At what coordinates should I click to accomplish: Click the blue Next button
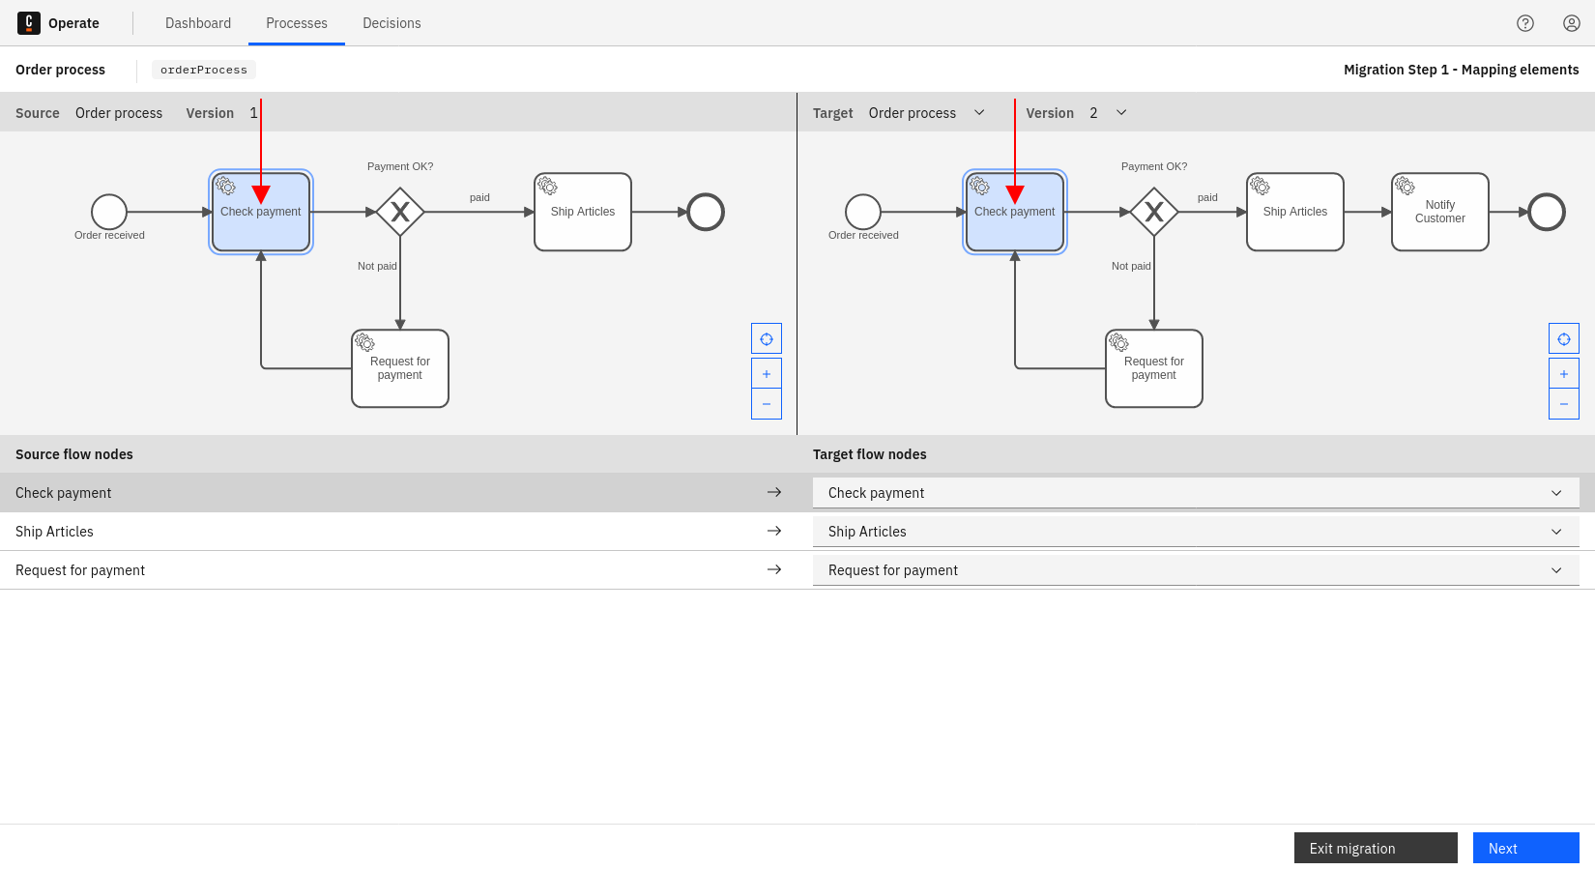1525,848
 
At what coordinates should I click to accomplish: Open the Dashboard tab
198,23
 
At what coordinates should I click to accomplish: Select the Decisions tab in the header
391,23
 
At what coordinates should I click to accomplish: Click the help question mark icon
1525,23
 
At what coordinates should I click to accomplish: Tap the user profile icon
1572,23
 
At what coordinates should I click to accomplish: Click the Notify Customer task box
1440,212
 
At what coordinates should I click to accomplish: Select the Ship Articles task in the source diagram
583,212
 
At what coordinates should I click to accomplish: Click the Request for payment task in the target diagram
1154,368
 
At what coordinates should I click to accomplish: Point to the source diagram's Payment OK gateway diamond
400,212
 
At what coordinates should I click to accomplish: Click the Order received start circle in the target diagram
863,212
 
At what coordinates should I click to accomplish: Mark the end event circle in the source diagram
706,212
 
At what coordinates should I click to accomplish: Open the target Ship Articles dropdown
1196,532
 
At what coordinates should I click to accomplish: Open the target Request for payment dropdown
1196,570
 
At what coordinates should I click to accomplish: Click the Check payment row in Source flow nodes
387,493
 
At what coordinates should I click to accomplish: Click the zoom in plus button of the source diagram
767,374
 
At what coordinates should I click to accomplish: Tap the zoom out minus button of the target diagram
1564,404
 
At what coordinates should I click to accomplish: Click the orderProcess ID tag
204,70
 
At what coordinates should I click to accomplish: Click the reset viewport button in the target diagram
1564,339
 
